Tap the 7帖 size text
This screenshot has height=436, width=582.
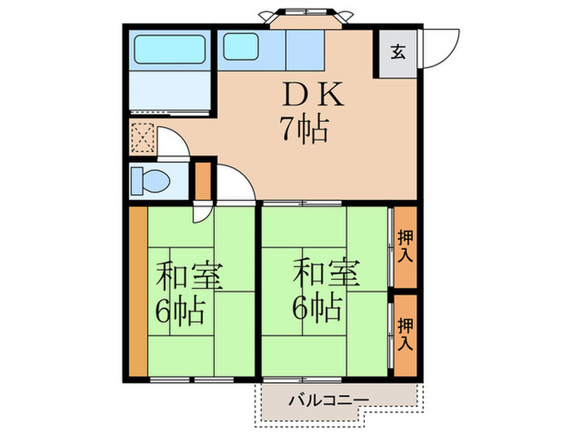[303, 130]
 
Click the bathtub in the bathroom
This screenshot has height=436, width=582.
[171, 52]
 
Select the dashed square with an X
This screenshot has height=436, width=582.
[143, 137]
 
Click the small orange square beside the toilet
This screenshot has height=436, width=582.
[203, 179]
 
